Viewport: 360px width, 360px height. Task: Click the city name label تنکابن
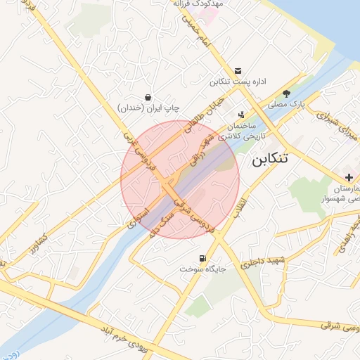tap(271, 160)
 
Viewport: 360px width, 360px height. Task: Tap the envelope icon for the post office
tap(240, 70)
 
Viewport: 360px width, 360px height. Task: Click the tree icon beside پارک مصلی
tap(286, 93)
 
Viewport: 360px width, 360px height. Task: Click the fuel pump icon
tap(203, 258)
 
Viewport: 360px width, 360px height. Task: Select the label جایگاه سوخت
tap(200, 269)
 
